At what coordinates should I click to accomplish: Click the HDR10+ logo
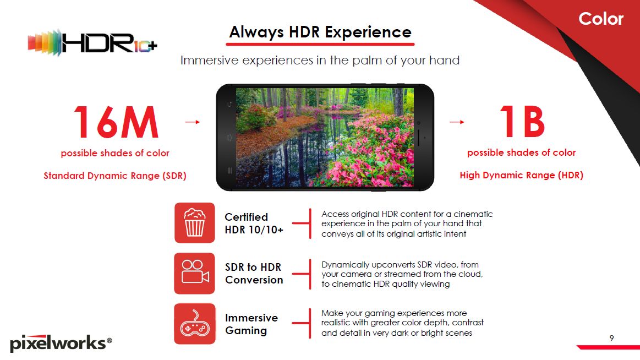tap(92, 42)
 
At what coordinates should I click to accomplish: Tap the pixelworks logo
tap(61, 343)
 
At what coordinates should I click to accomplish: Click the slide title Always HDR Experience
tap(320, 32)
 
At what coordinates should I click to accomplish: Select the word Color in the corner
tap(601, 19)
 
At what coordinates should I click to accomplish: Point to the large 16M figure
tap(116, 122)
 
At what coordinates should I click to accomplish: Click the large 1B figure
tap(522, 122)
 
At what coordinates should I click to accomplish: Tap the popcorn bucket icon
tap(195, 223)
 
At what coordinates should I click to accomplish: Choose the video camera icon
tap(195, 274)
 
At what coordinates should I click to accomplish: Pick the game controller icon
tap(195, 324)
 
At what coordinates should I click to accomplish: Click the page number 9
tap(611, 338)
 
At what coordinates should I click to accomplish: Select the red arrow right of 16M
tap(192, 122)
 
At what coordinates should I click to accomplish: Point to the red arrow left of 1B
tap(457, 122)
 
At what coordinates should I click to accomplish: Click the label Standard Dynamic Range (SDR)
tap(115, 176)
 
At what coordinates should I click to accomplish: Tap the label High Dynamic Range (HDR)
tap(522, 175)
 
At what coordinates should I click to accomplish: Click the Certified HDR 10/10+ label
tap(254, 223)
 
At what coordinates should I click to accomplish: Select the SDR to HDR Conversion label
tap(254, 274)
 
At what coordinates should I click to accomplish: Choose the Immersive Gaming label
tap(251, 324)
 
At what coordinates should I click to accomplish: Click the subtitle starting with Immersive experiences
tap(320, 61)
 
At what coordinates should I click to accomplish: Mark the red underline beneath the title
tap(320, 44)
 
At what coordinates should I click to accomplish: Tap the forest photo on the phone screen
tap(325, 138)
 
